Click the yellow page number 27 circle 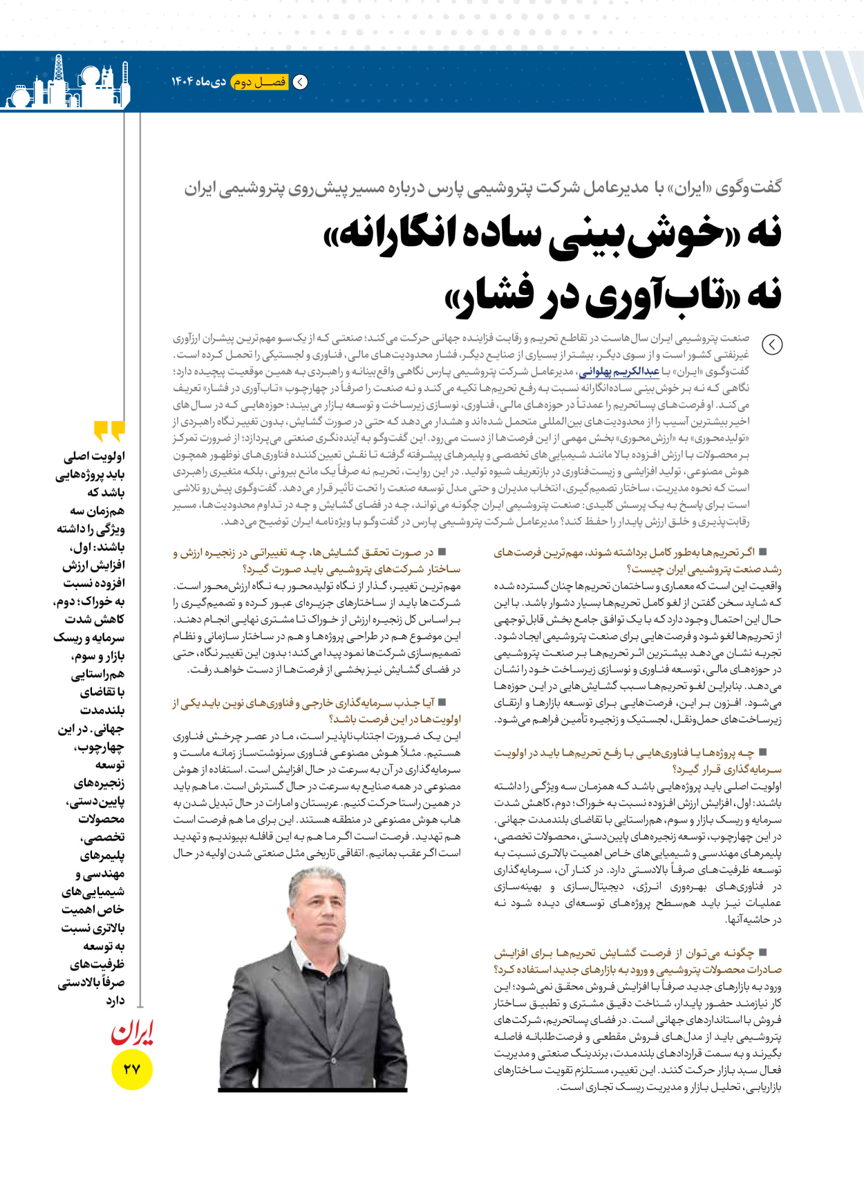pos(131,1069)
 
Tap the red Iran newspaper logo pos(131,1033)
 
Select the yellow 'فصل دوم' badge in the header pos(259,82)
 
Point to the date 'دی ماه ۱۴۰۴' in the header pos(199,82)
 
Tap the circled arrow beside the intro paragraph pos(771,344)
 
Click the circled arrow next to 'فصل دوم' pos(301,82)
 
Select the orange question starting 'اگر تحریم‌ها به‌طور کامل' pos(637,561)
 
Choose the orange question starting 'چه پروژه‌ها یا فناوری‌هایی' pos(637,760)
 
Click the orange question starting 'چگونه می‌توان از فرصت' pos(637,961)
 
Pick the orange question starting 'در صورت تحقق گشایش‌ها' pos(317,561)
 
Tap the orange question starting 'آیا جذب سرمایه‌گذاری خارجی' pos(317,711)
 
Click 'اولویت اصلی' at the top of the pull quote pos(95,457)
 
